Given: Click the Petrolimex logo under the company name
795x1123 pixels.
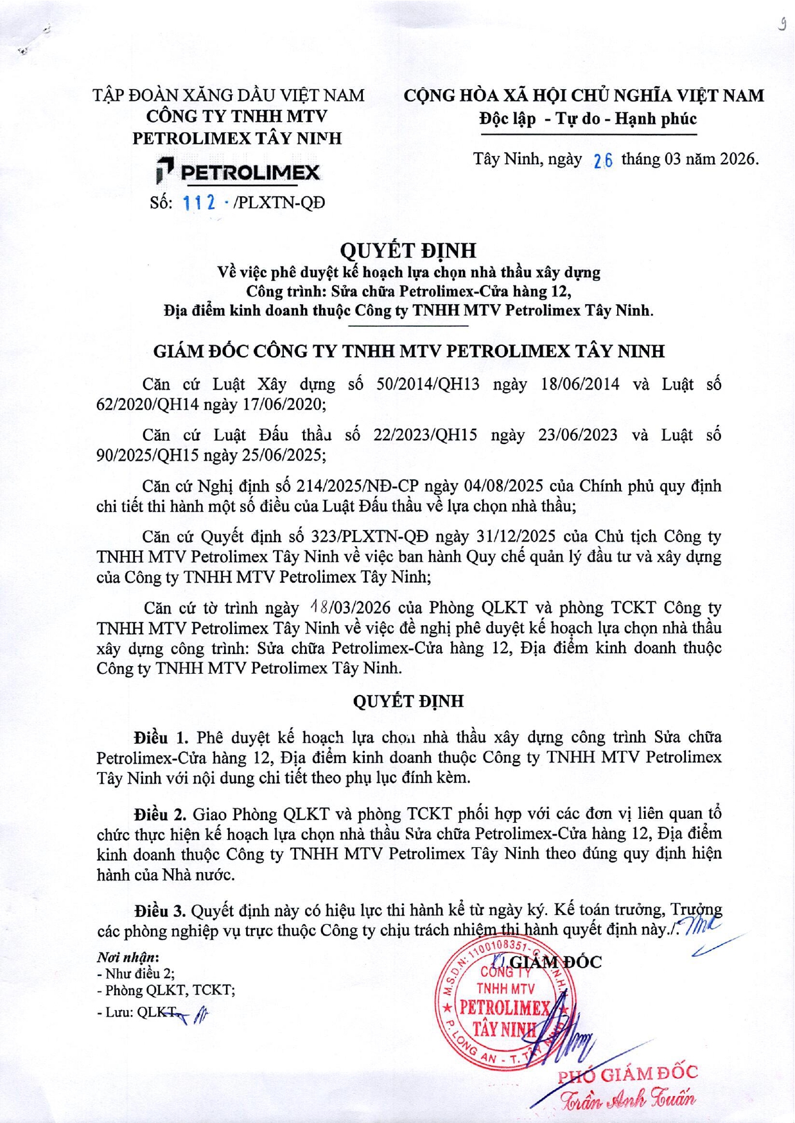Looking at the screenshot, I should tap(238, 172).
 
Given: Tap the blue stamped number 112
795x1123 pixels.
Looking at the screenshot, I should tap(198, 203).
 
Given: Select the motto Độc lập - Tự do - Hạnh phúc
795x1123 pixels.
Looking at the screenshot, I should tap(588, 119).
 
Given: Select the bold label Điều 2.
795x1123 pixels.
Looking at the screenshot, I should tap(161, 814).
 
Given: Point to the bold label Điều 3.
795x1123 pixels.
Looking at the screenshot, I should tap(161, 911).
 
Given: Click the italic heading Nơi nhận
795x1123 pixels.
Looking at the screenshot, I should tap(128, 957).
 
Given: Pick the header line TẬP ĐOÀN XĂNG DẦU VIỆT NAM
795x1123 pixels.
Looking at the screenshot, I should tap(229, 96).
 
